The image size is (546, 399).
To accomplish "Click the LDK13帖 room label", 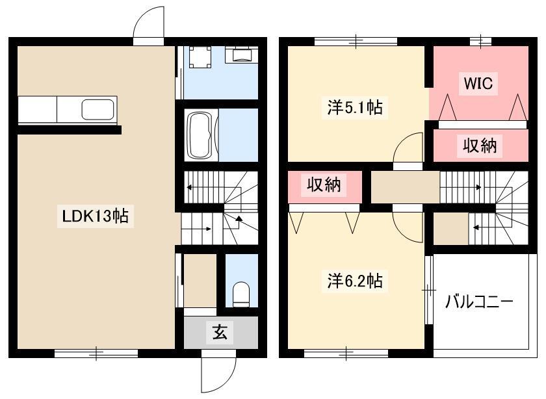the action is point(95,216).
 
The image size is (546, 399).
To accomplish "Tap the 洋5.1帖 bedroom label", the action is point(354,107).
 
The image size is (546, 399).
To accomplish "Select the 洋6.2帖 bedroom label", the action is point(354,281).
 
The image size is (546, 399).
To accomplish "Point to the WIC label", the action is point(478,83).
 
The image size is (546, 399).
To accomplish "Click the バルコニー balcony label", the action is point(479,302).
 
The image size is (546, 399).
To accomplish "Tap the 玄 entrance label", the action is point(220,332).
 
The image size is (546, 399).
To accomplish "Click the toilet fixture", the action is point(240,294).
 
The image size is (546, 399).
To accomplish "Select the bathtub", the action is point(200,135).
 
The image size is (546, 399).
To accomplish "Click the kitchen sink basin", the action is point(98,109).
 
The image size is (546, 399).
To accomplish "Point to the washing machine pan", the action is point(200,57).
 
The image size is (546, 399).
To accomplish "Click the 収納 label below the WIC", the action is point(480,146).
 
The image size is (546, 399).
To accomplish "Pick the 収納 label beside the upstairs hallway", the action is point(324,185).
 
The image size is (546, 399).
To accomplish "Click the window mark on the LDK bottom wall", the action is point(96,354).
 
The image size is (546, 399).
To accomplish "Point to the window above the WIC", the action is point(480,42).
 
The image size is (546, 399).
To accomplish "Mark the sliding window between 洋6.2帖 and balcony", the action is point(429,290).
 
